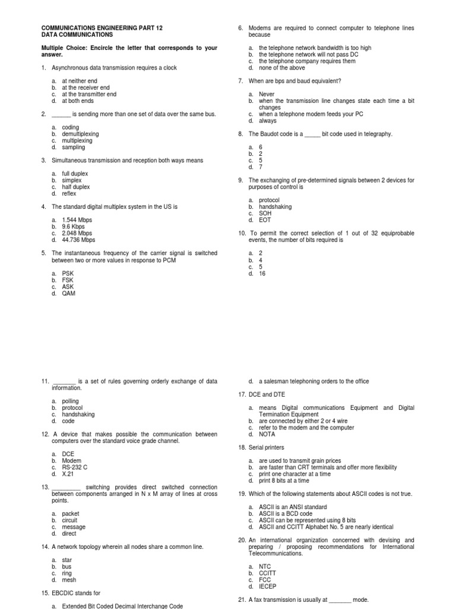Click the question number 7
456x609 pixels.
240,81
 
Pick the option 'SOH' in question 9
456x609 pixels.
265,214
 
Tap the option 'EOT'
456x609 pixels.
265,220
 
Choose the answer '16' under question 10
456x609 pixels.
262,274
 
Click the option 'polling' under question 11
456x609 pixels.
70,401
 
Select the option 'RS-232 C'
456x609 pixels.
75,467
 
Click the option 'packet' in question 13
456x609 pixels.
70,514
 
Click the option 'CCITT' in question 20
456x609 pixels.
267,573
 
